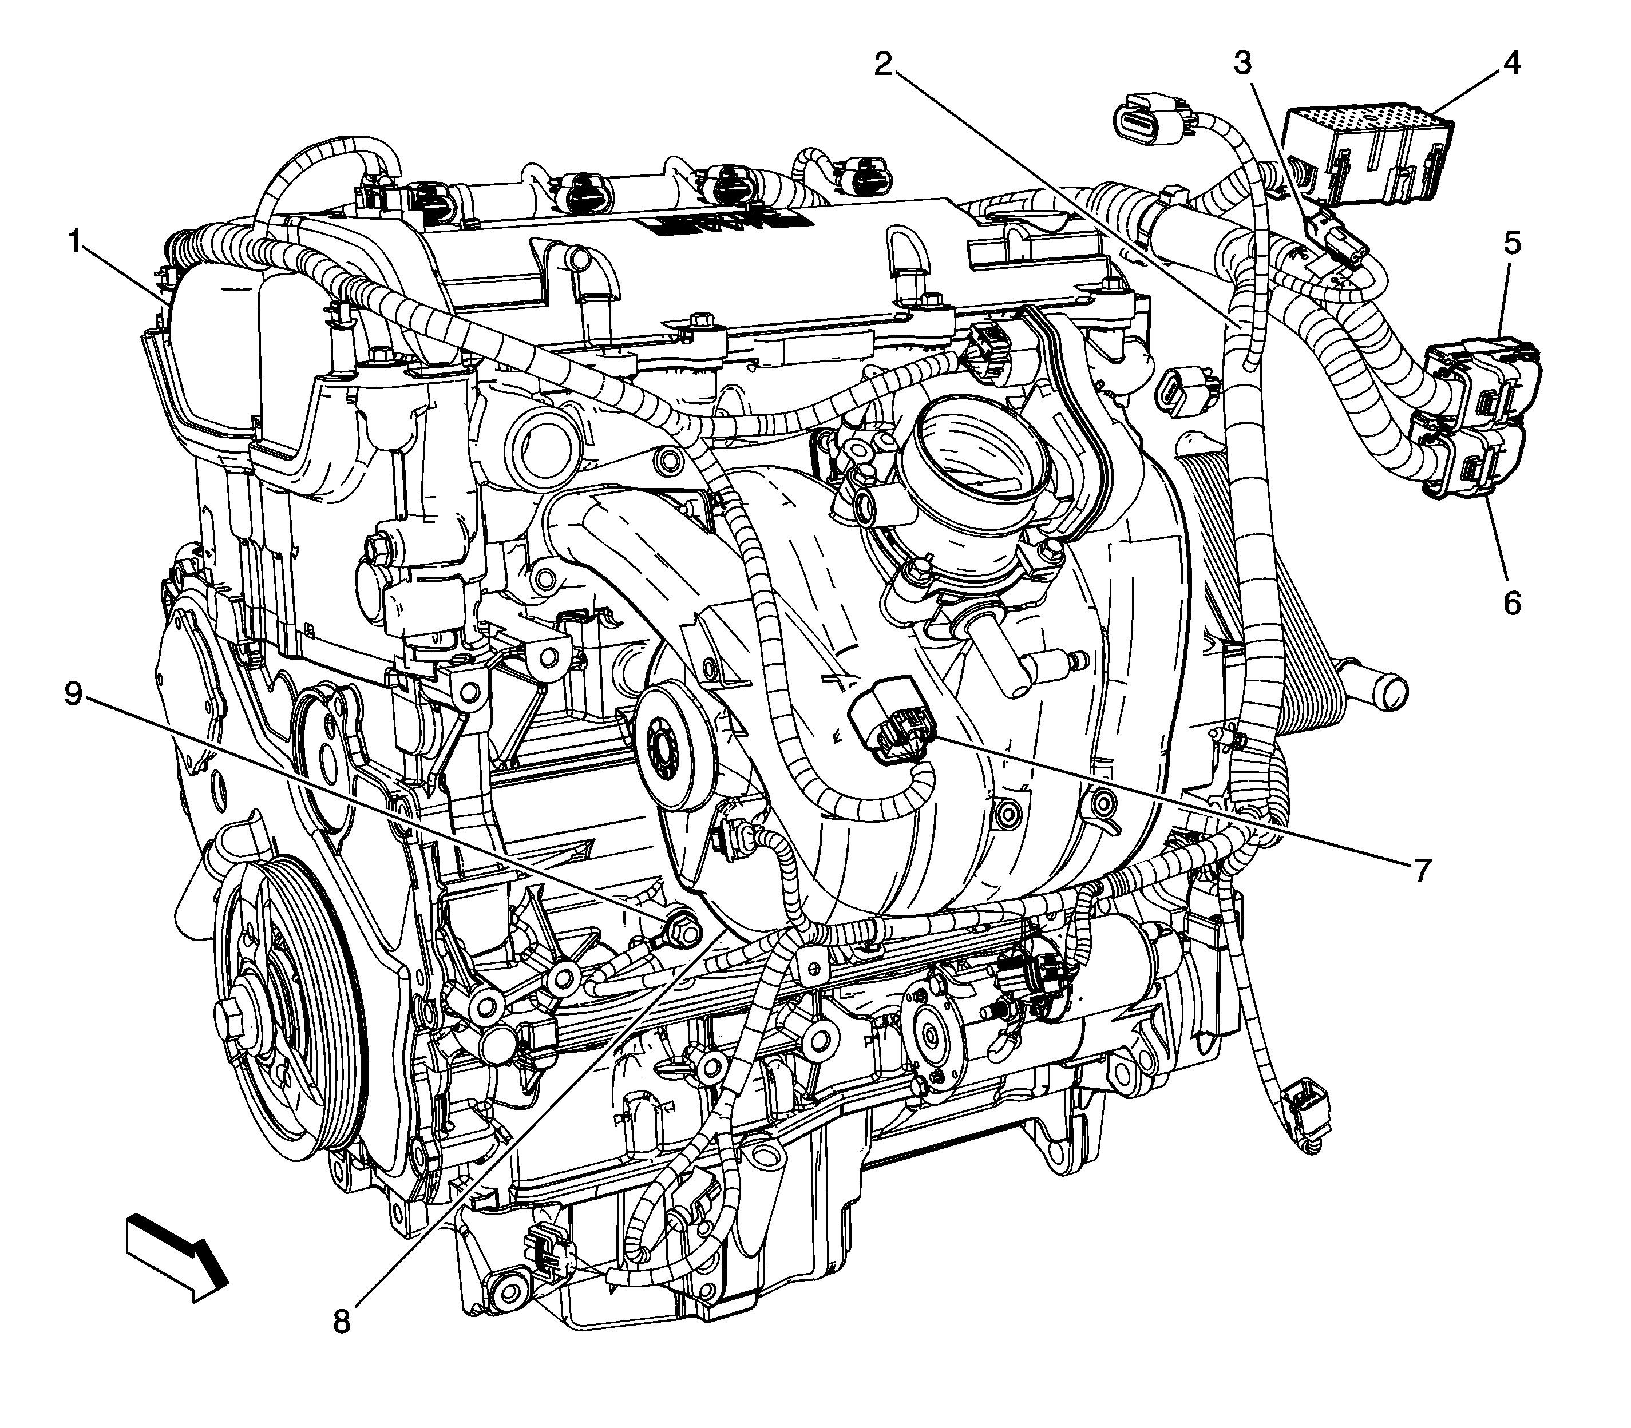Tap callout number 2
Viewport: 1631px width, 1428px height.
[882, 64]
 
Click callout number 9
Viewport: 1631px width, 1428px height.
[73, 693]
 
